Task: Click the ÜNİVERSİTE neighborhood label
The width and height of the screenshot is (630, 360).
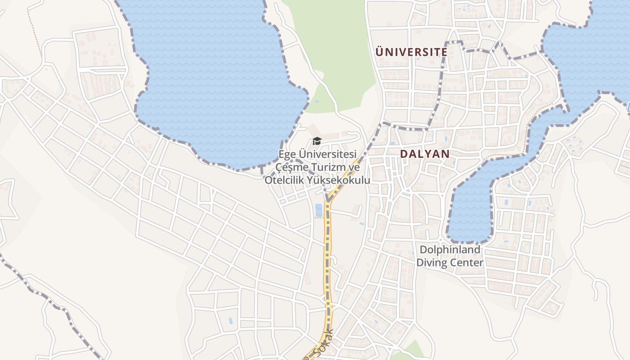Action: (x=411, y=52)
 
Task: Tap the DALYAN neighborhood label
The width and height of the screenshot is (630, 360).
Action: (x=425, y=154)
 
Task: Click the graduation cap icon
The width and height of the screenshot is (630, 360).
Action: (x=317, y=141)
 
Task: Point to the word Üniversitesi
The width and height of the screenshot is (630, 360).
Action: (x=326, y=154)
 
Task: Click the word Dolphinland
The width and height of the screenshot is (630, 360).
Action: (x=450, y=250)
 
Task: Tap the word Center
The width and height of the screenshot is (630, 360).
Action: (x=468, y=262)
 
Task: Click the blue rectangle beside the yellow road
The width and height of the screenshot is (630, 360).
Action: (x=319, y=210)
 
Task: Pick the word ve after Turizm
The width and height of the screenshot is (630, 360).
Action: (x=355, y=167)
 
